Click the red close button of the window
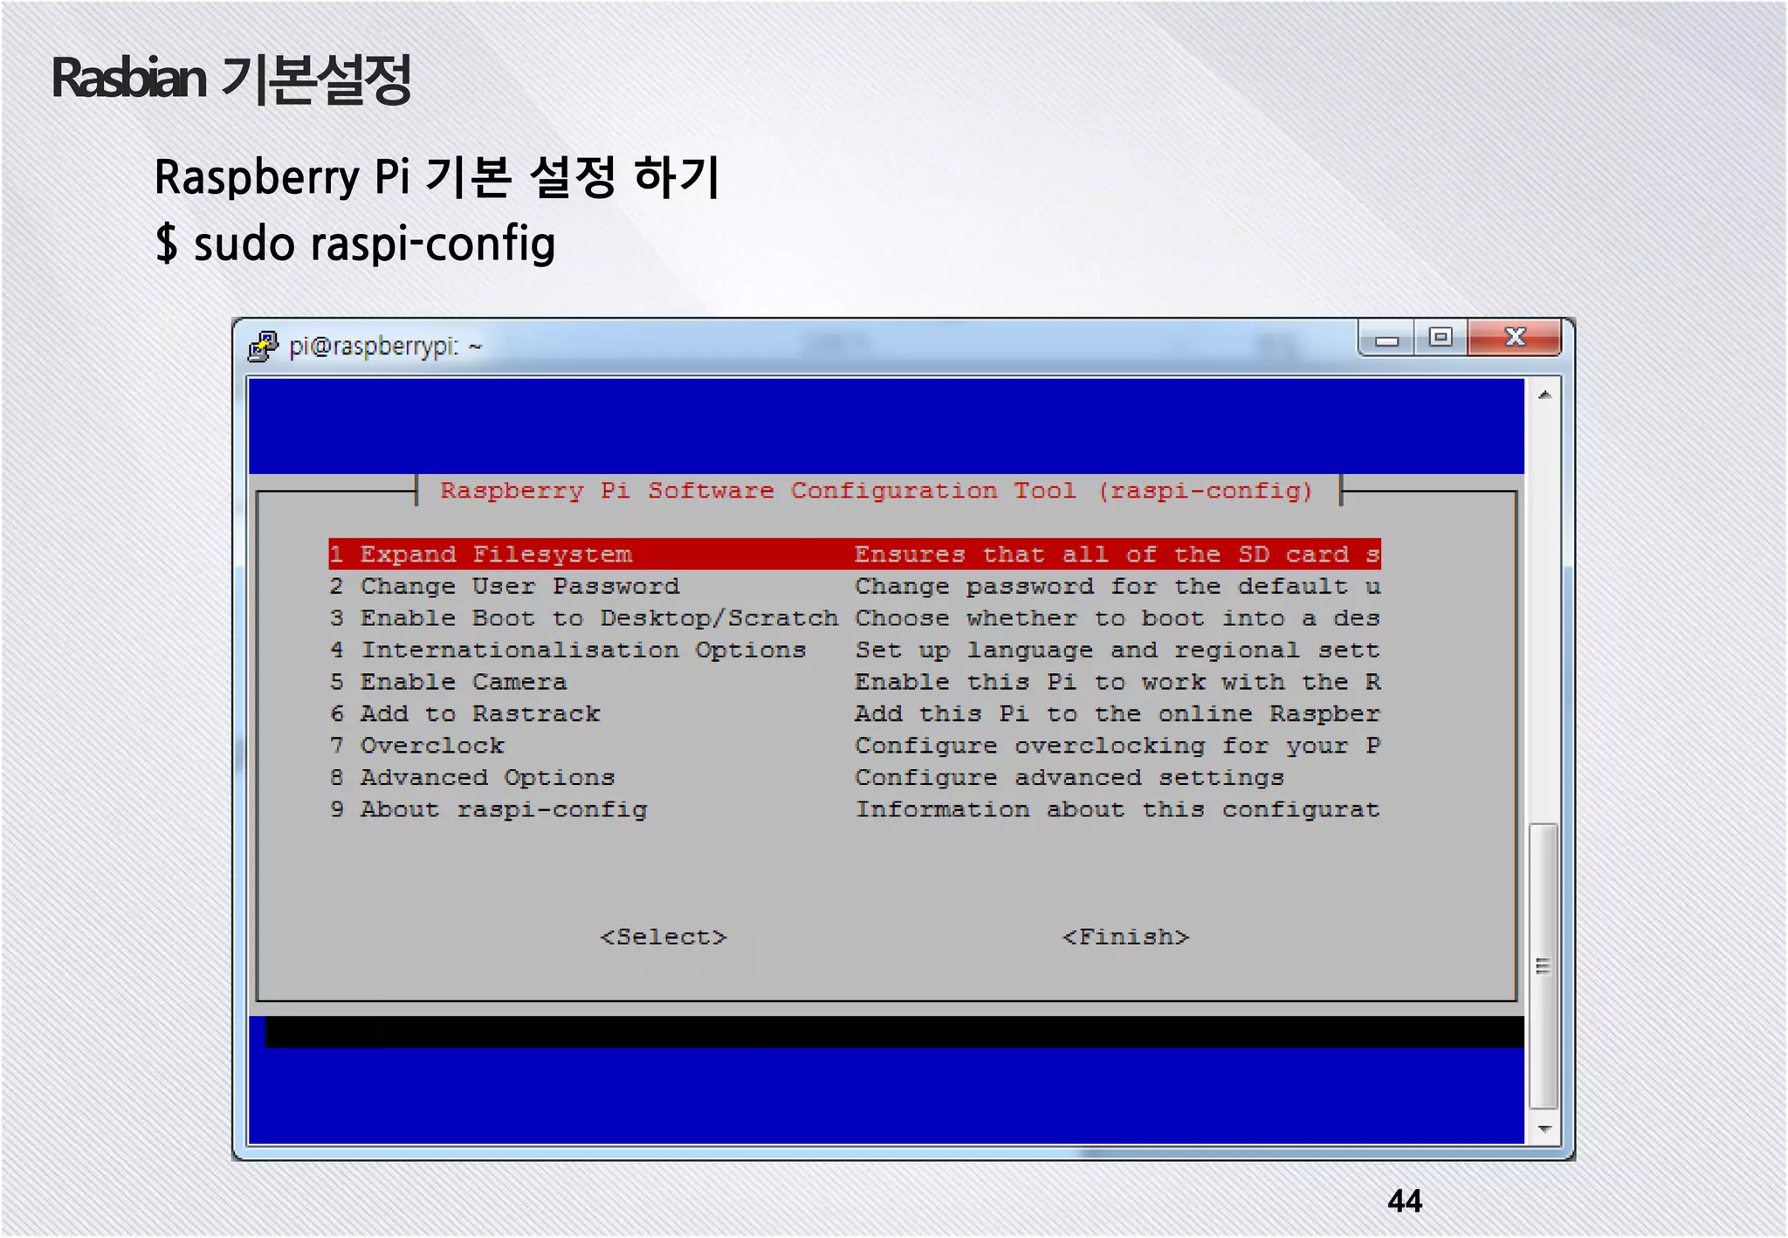[1514, 337]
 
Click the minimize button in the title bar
[1386, 339]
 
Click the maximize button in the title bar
[1440, 337]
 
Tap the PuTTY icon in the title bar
[263, 347]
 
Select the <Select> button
[664, 937]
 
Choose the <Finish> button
[1125, 937]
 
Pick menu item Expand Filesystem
[495, 554]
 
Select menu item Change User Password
[519, 587]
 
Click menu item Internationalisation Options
[582, 650]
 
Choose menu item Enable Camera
[463, 682]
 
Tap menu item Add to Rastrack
[479, 714]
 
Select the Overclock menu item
[432, 746]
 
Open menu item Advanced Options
[487, 778]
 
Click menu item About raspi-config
[504, 809]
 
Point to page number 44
[1405, 1201]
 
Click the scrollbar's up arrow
[1544, 395]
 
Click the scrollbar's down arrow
[1544, 1129]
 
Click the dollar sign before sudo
[166, 244]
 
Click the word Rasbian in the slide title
[129, 79]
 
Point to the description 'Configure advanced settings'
[1069, 778]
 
